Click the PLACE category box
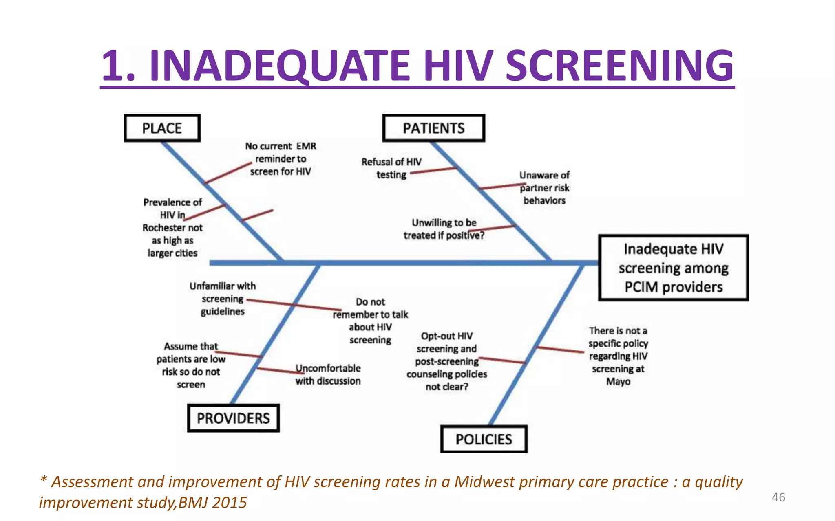point(162,128)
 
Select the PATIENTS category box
point(433,128)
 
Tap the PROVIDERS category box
point(233,418)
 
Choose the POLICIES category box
point(484,440)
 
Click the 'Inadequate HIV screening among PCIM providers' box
point(673,268)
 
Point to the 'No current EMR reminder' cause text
point(281,159)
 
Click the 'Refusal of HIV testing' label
point(391,168)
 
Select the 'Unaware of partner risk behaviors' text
point(544,188)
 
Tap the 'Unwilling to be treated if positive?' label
point(444,229)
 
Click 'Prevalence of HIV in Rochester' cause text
point(172,228)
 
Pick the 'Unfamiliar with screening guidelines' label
point(223,299)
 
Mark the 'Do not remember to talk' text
point(370,321)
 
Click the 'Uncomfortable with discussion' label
point(328,374)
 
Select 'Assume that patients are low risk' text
point(191,365)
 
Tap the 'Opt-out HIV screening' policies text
point(447,361)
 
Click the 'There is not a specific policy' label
point(618,356)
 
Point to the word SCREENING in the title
point(620,66)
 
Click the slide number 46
point(778,497)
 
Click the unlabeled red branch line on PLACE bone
point(258,215)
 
